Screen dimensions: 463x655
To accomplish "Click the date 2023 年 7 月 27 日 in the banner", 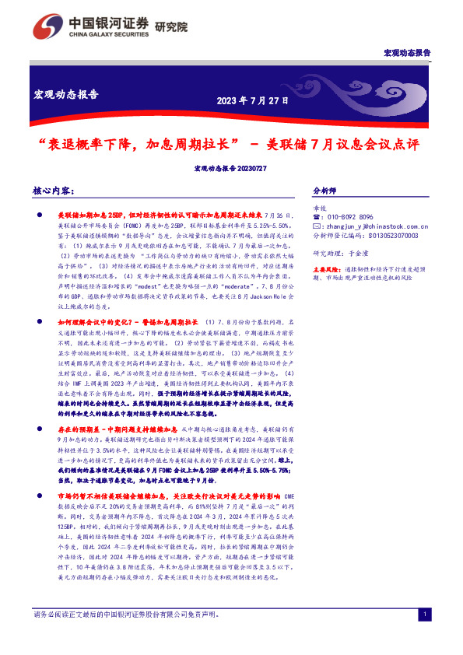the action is [x=252, y=100].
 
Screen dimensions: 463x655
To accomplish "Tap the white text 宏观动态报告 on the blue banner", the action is [x=66, y=95].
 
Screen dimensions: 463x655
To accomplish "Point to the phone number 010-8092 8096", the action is [x=346, y=217].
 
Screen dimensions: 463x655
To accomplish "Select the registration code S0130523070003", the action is [x=389, y=234].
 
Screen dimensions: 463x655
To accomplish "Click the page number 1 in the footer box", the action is [x=424, y=637].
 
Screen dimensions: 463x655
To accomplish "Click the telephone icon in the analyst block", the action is [x=315, y=217].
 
